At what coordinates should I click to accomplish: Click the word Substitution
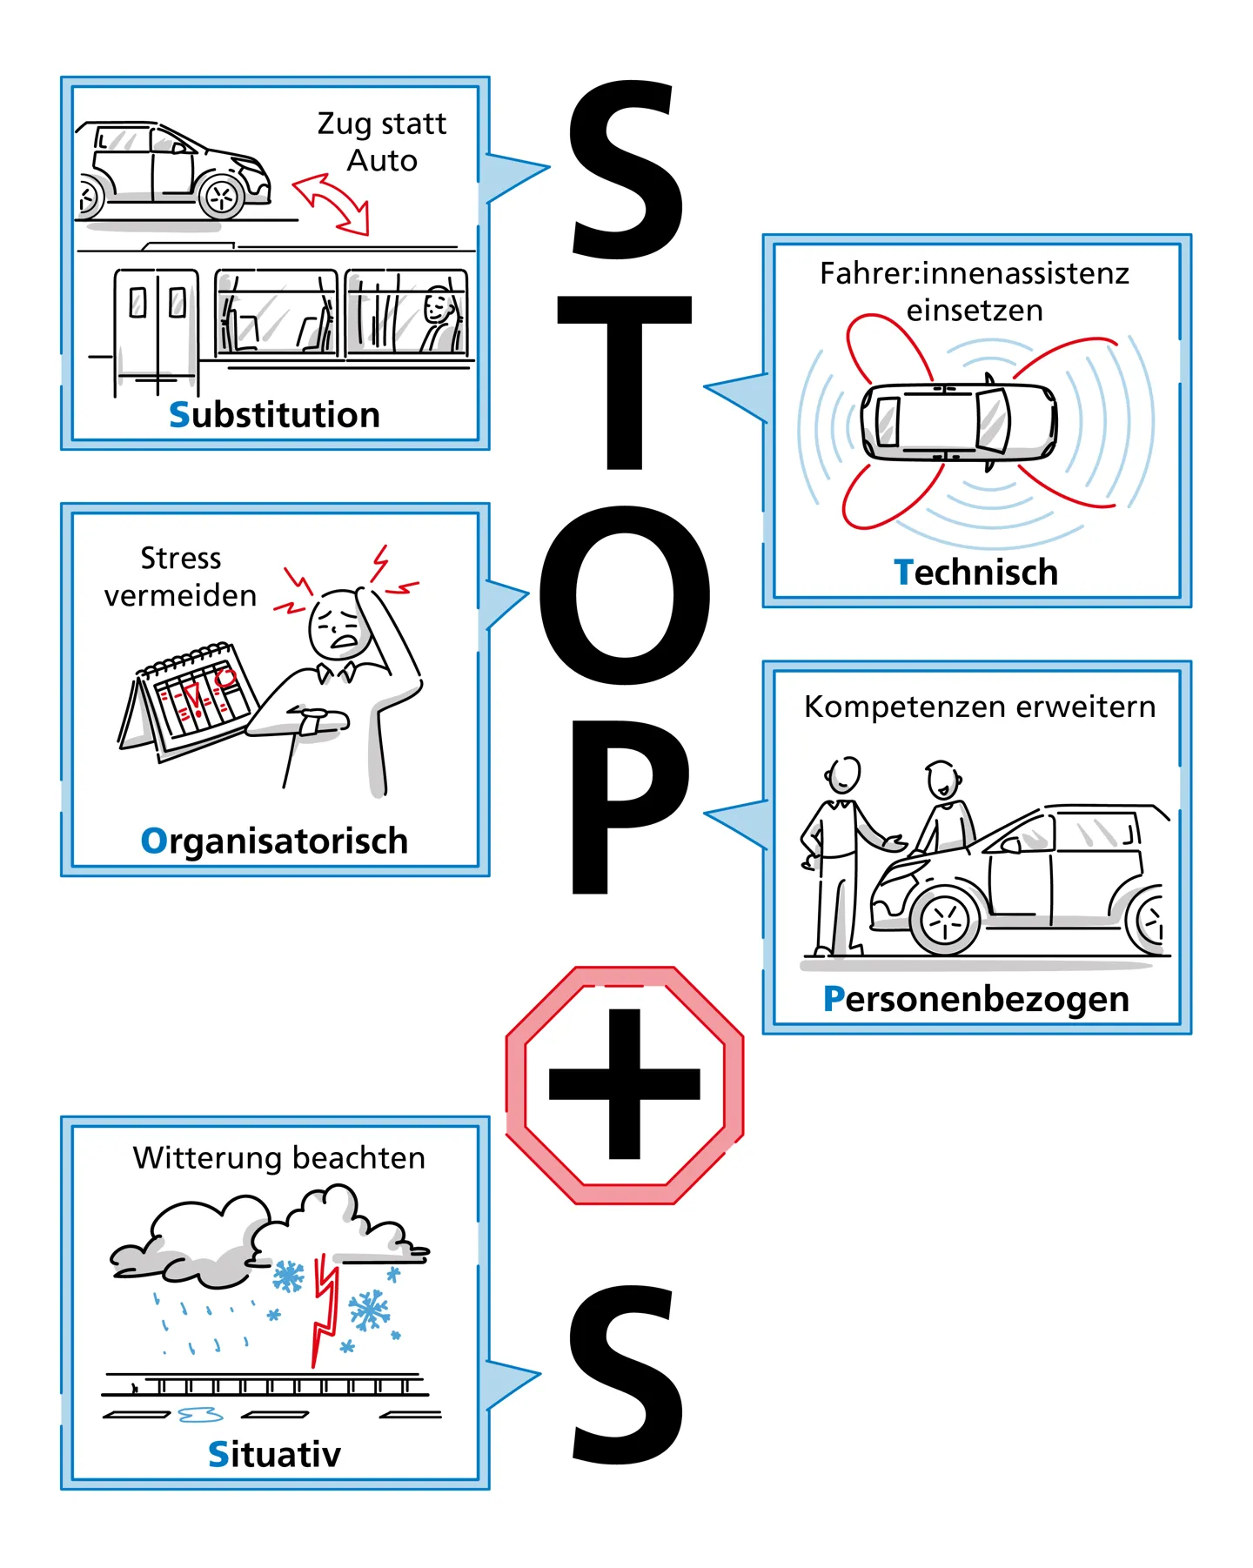[x=274, y=415]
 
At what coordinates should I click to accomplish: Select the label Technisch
[x=975, y=573]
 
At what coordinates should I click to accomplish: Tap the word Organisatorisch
[x=274, y=841]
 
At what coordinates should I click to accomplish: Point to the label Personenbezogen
[x=975, y=999]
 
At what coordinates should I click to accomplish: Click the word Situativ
[x=274, y=1454]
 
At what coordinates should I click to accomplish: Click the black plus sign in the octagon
[x=625, y=1084]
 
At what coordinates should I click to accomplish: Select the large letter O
[x=625, y=595]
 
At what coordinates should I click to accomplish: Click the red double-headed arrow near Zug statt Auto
[x=332, y=204]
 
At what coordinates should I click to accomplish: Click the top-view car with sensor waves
[x=958, y=421]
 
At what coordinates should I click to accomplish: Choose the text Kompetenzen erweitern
[x=980, y=707]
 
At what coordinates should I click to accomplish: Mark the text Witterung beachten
[x=279, y=1158]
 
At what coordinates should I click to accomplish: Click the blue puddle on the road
[x=200, y=1415]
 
